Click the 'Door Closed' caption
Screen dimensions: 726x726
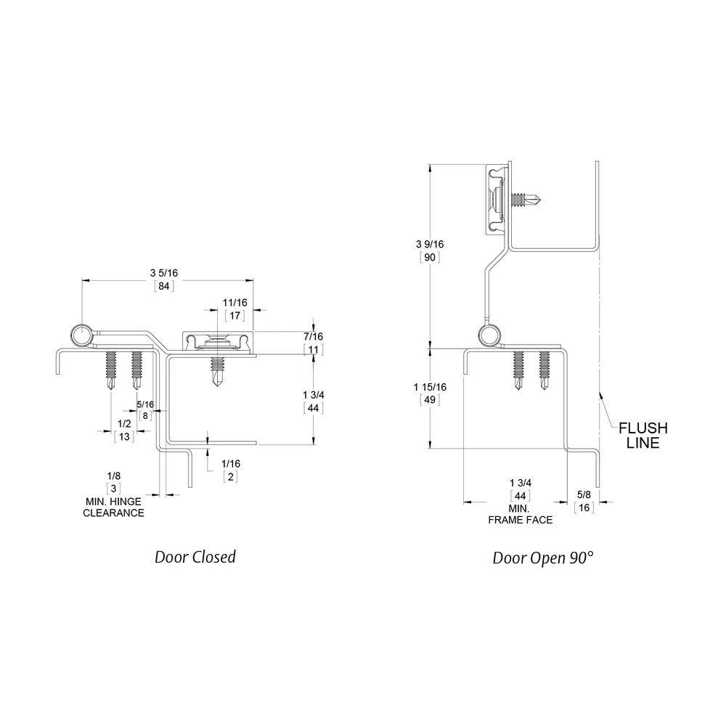195,557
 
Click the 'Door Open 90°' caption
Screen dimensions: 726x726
542,558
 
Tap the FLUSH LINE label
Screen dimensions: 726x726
643,435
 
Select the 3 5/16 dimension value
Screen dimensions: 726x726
164,273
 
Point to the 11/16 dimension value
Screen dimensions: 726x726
234,303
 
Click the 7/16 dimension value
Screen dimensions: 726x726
314,337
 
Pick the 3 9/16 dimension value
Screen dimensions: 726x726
430,244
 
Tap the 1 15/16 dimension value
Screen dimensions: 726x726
430,387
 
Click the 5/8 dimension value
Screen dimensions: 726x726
584,494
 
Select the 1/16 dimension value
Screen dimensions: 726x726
231,463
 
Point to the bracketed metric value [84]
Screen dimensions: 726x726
164,286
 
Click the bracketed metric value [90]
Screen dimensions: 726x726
430,257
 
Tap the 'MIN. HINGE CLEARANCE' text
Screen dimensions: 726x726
113,507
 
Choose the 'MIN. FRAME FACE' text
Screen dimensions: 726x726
521,515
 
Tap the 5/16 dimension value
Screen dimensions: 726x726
145,404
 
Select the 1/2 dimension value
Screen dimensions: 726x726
124,424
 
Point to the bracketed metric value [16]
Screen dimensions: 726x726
584,507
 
